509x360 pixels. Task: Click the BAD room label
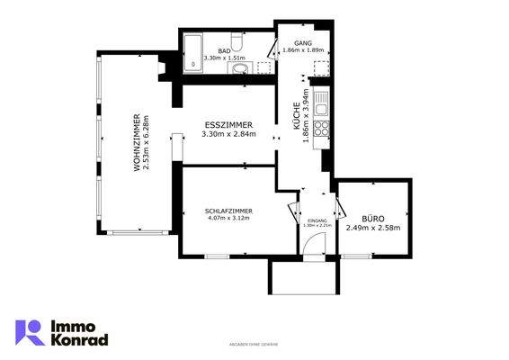pyautogui.click(x=224, y=51)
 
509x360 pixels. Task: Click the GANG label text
pyautogui.click(x=301, y=42)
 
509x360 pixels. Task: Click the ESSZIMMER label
pyautogui.click(x=228, y=125)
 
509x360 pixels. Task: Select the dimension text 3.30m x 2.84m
pyautogui.click(x=228, y=135)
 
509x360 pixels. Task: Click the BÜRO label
pyautogui.click(x=373, y=218)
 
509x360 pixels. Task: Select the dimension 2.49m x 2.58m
pyautogui.click(x=373, y=228)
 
